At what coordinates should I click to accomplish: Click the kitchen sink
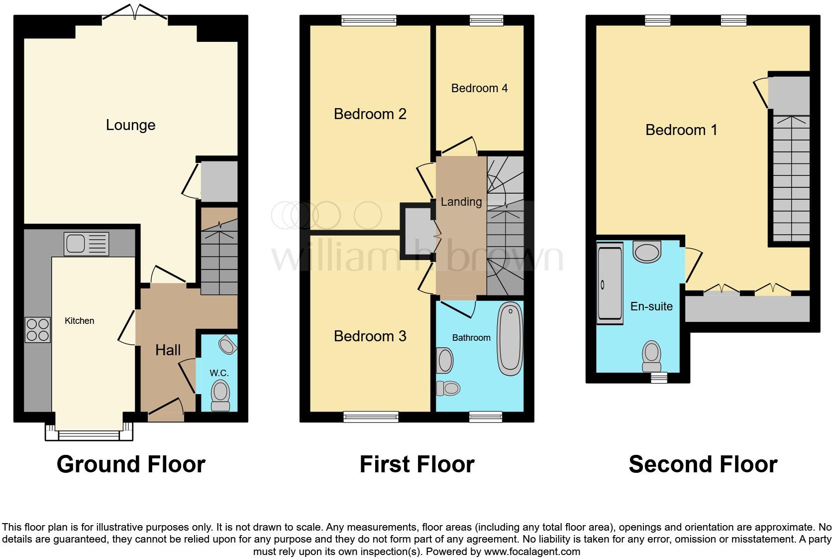pyautogui.click(x=86, y=244)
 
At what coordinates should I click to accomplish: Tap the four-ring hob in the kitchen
pyautogui.click(x=38, y=330)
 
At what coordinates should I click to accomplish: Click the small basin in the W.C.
pyautogui.click(x=227, y=345)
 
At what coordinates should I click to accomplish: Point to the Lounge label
pyautogui.click(x=130, y=125)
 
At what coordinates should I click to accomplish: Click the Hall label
pyautogui.click(x=168, y=350)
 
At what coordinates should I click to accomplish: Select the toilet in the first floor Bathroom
pyautogui.click(x=448, y=388)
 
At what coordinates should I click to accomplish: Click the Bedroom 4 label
pyautogui.click(x=479, y=88)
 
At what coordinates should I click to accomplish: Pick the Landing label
pyautogui.click(x=461, y=202)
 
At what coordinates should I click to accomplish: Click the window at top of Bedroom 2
pyautogui.click(x=369, y=20)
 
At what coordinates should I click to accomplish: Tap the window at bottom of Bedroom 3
pyautogui.click(x=371, y=417)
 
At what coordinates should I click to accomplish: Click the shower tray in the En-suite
pyautogui.click(x=610, y=283)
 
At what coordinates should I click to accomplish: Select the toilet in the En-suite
pyautogui.click(x=652, y=355)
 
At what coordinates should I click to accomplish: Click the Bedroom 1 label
pyautogui.click(x=681, y=130)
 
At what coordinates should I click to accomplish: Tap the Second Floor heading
pyautogui.click(x=703, y=464)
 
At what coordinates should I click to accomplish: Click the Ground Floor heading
pyautogui.click(x=131, y=464)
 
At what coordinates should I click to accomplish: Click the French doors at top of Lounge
pyautogui.click(x=135, y=13)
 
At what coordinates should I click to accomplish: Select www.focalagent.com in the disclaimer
pyautogui.click(x=532, y=552)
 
